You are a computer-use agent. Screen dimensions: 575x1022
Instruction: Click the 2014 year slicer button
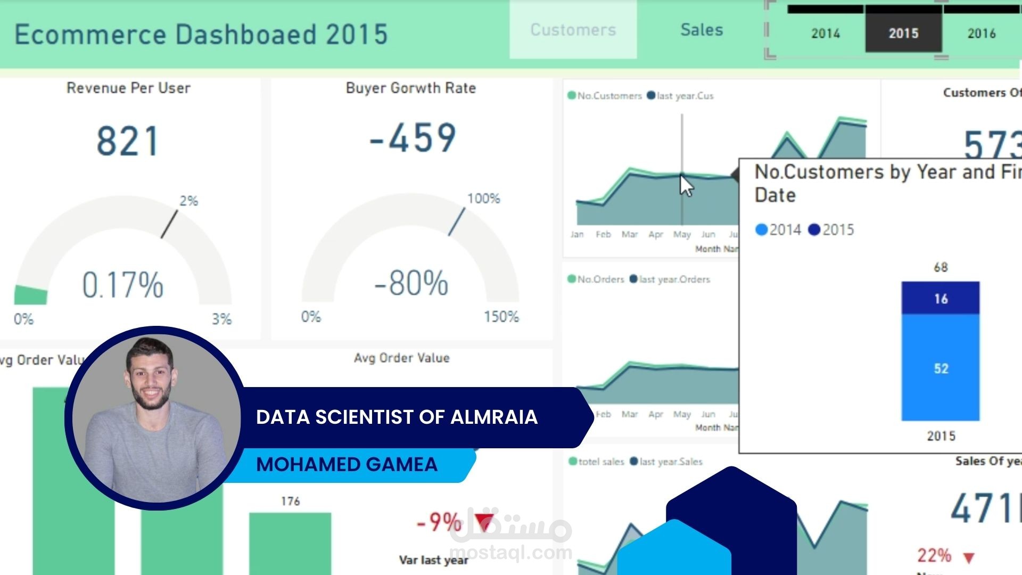pos(825,33)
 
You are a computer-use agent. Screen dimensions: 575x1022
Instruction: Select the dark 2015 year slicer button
pos(903,33)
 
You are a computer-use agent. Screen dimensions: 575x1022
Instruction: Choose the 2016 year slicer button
pos(981,33)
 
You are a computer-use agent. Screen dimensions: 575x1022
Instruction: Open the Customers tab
pos(573,30)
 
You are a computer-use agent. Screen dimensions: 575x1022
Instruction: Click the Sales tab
pos(702,30)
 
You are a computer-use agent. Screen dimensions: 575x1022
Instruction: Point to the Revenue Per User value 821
pos(128,141)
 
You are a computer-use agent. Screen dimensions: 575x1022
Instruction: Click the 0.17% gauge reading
pos(122,285)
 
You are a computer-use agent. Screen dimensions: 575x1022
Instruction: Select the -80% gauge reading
pos(411,283)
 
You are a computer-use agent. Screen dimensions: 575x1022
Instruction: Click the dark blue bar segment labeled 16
pos(941,298)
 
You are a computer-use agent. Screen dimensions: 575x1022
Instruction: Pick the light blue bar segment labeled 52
pos(941,368)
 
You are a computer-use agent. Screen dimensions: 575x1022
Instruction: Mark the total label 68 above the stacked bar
pos(941,267)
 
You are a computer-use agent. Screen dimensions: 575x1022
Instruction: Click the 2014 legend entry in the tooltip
pos(778,229)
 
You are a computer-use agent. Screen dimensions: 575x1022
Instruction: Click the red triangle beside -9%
pos(484,522)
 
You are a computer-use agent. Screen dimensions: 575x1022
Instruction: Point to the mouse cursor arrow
pos(686,185)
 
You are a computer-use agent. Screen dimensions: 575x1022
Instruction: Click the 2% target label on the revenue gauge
pos(188,201)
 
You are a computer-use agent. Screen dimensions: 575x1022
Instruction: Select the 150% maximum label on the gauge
pos(501,317)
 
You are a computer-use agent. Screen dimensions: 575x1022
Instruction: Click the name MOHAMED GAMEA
pos(347,464)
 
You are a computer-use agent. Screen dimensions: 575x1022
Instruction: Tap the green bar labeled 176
pos(290,543)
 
